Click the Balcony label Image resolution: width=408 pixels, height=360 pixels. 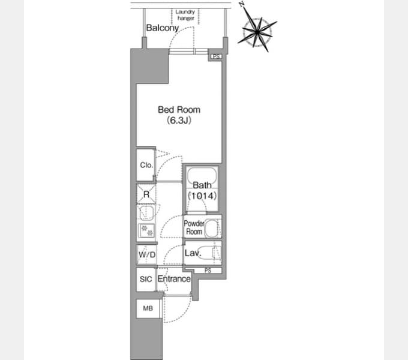[x=163, y=28]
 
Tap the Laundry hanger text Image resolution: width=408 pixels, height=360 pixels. [x=185, y=15]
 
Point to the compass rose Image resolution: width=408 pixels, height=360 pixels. [x=257, y=32]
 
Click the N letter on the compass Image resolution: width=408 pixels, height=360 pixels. [x=242, y=4]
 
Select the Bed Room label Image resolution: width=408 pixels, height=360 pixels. [x=179, y=110]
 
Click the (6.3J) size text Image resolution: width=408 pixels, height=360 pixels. [x=179, y=120]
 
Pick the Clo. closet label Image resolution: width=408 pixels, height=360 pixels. [x=146, y=165]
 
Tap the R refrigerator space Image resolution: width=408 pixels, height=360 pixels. [x=146, y=194]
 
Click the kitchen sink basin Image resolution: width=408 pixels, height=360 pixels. [x=146, y=213]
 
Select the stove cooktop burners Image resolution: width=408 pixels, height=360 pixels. [x=147, y=230]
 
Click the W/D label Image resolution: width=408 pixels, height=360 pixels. [x=147, y=254]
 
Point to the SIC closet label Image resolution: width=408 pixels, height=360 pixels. [x=146, y=279]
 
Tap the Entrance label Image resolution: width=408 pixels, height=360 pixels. [x=174, y=278]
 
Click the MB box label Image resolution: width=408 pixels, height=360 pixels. [x=148, y=308]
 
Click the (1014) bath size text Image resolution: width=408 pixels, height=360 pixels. [x=202, y=196]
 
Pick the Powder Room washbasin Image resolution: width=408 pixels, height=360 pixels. [x=211, y=228]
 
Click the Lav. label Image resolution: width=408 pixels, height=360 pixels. [x=193, y=253]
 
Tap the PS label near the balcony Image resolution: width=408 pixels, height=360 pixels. [x=216, y=56]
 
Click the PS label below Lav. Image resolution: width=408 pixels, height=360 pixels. [x=208, y=271]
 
